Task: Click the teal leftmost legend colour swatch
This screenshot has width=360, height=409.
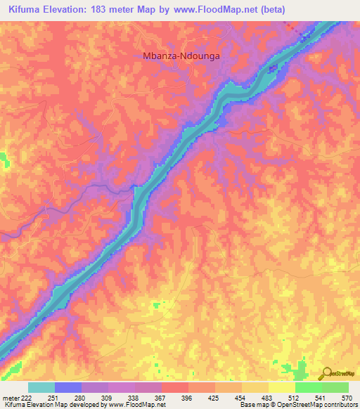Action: pos(41,387)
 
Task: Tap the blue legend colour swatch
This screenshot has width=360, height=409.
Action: pos(68,387)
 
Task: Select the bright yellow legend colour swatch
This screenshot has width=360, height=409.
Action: pos(282,387)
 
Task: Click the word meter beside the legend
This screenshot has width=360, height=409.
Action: pos(11,397)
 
